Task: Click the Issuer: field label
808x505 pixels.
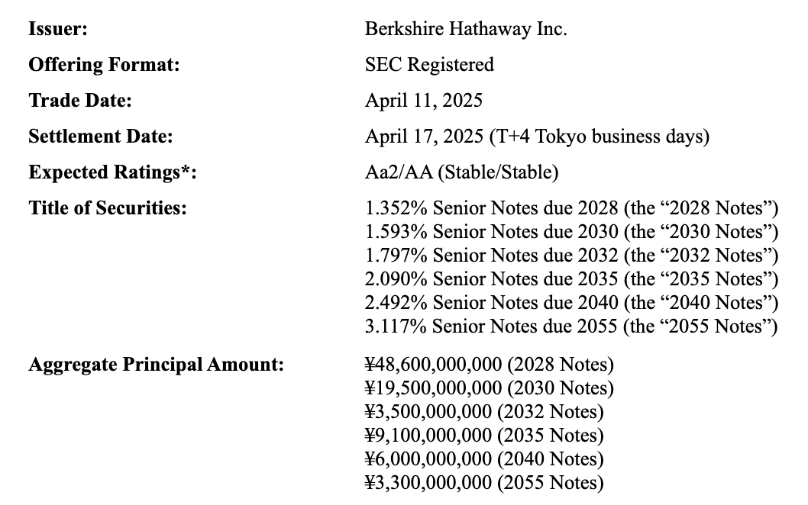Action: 58,30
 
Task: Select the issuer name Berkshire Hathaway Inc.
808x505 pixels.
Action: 466,30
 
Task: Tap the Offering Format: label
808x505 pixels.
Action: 104,65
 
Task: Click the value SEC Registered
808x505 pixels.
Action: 429,65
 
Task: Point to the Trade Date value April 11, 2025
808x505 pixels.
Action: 424,101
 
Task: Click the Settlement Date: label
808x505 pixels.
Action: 101,137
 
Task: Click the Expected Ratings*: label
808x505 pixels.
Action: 112,172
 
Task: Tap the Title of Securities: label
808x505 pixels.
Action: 108,207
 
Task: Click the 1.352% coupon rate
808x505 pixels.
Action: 396,207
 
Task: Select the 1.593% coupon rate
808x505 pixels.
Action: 396,231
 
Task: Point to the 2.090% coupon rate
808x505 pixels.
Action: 396,279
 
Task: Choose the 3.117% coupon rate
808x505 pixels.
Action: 396,326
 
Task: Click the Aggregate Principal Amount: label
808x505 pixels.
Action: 156,365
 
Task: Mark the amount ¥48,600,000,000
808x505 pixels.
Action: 434,365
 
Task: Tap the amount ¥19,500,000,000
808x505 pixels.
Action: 434,388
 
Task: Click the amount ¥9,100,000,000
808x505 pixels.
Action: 428,436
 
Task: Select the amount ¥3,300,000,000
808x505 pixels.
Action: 428,483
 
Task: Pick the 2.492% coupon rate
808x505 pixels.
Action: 396,303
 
